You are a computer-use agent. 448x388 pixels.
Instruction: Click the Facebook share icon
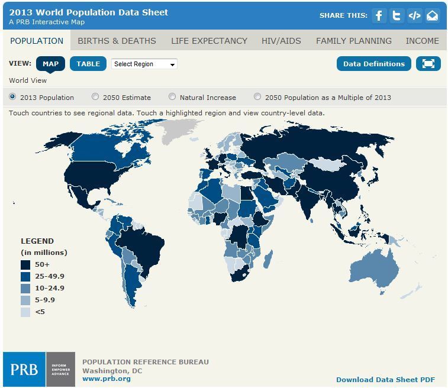pyautogui.click(x=379, y=16)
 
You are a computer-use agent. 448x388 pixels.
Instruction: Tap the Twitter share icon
pyautogui.click(x=397, y=16)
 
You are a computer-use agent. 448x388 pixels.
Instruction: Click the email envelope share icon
pyautogui.click(x=432, y=16)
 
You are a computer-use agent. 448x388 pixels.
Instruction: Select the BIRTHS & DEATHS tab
pyautogui.click(x=117, y=41)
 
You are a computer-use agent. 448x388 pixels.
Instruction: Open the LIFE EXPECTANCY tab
pyautogui.click(x=209, y=41)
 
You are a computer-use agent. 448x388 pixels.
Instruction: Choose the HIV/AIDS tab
pyautogui.click(x=281, y=41)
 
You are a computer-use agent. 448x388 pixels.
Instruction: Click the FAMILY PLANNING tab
pyautogui.click(x=353, y=41)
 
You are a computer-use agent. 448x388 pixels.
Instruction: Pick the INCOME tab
pyautogui.click(x=422, y=41)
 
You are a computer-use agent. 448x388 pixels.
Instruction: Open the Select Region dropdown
pyautogui.click(x=144, y=64)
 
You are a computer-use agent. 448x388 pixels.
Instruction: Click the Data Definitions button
pyautogui.click(x=374, y=64)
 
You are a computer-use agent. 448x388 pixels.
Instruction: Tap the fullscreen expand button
pyautogui.click(x=428, y=64)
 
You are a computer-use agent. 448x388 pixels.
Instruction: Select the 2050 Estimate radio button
pyautogui.click(x=95, y=97)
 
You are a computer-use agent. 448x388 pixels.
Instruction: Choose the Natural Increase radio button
pyautogui.click(x=172, y=97)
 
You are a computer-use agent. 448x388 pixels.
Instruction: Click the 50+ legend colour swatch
pyautogui.click(x=25, y=264)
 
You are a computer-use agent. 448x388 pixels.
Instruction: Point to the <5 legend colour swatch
pyautogui.click(x=25, y=312)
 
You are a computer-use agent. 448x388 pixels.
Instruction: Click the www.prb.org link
pyautogui.click(x=107, y=379)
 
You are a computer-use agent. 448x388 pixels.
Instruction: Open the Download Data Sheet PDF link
pyautogui.click(x=385, y=380)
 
